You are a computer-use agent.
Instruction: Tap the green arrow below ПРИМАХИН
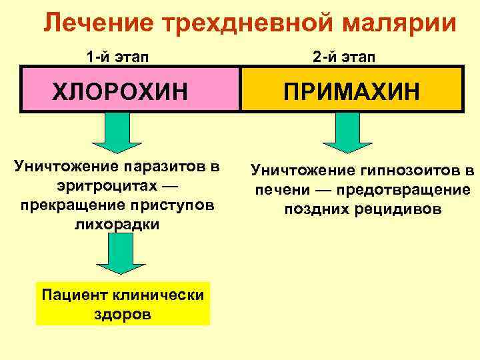(343, 132)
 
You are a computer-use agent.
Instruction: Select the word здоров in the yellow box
(123, 313)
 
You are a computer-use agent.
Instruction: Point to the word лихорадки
(117, 224)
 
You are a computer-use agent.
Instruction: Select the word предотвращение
(413, 190)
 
